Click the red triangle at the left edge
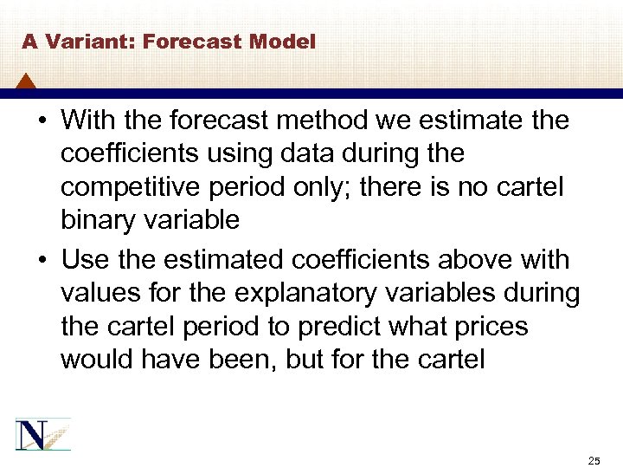26,82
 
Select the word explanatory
309,293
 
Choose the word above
472,259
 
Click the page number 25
593,458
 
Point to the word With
90,120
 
